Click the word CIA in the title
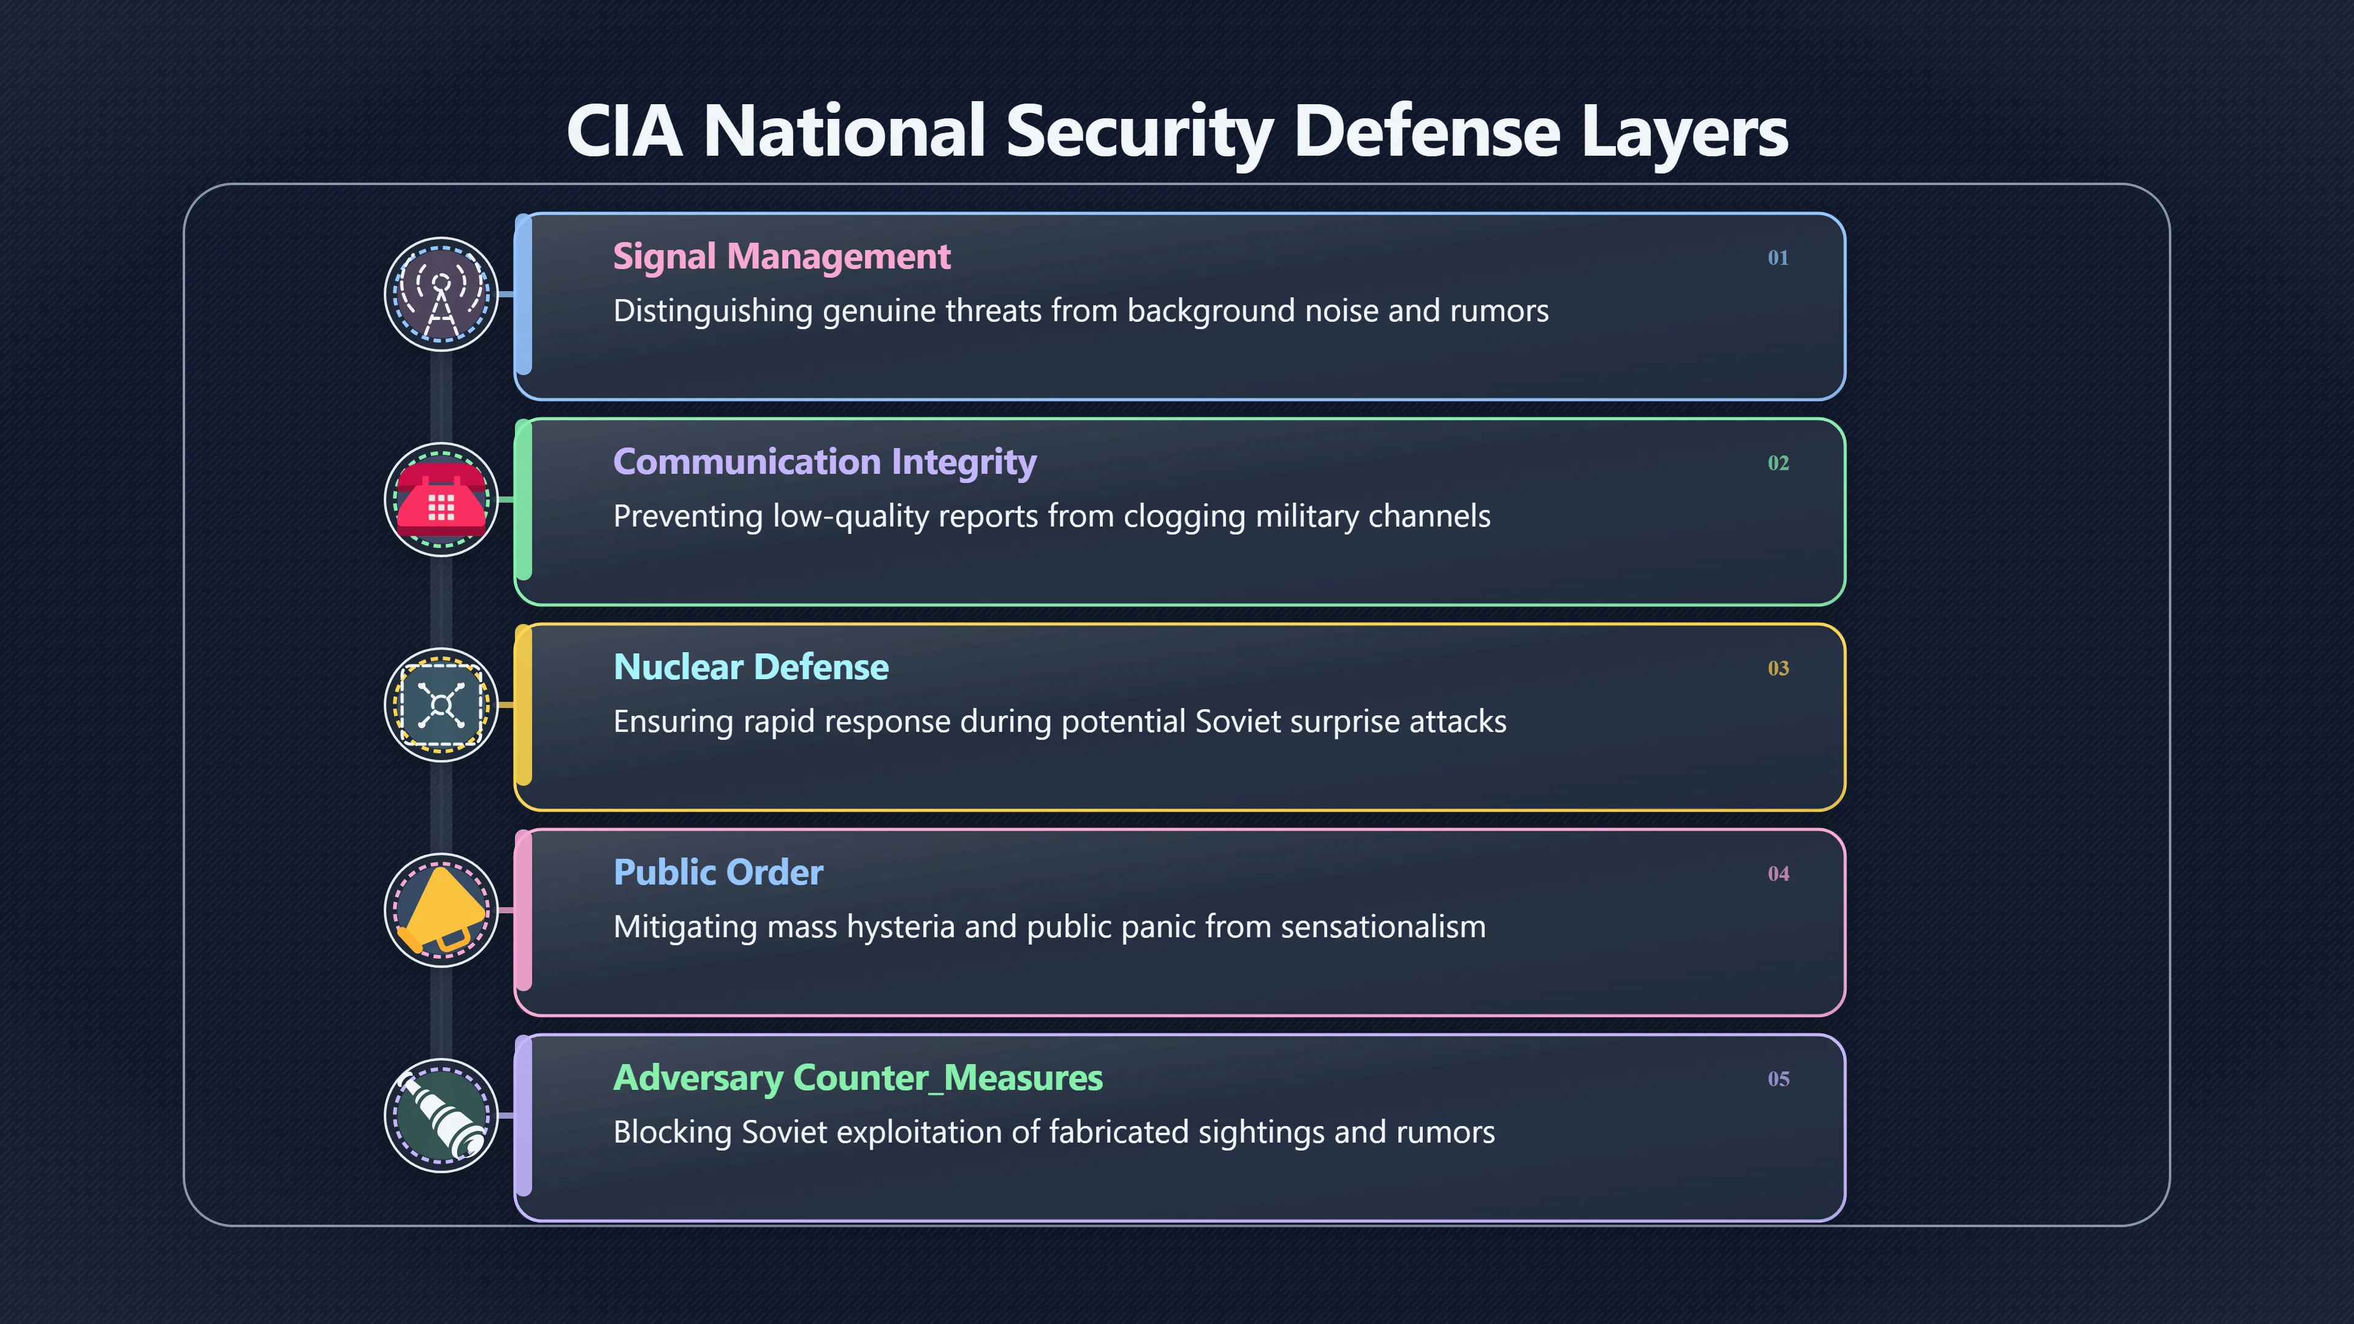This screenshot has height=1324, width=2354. click(x=624, y=131)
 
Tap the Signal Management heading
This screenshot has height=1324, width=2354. click(x=782, y=257)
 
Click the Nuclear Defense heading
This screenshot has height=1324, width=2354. click(x=750, y=667)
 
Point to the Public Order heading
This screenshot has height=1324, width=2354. click(x=718, y=873)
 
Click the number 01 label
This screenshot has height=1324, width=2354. click(x=1777, y=257)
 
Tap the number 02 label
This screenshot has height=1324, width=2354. click(x=1777, y=463)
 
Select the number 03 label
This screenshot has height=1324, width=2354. click(x=1777, y=669)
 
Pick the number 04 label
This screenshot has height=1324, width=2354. click(x=1777, y=873)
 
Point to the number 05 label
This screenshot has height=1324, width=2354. click(x=1777, y=1079)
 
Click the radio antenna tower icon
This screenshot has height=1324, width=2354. click(x=441, y=294)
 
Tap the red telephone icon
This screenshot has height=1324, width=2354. click(x=441, y=500)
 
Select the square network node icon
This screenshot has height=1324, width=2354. click(x=441, y=704)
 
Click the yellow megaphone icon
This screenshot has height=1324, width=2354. click(x=441, y=910)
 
